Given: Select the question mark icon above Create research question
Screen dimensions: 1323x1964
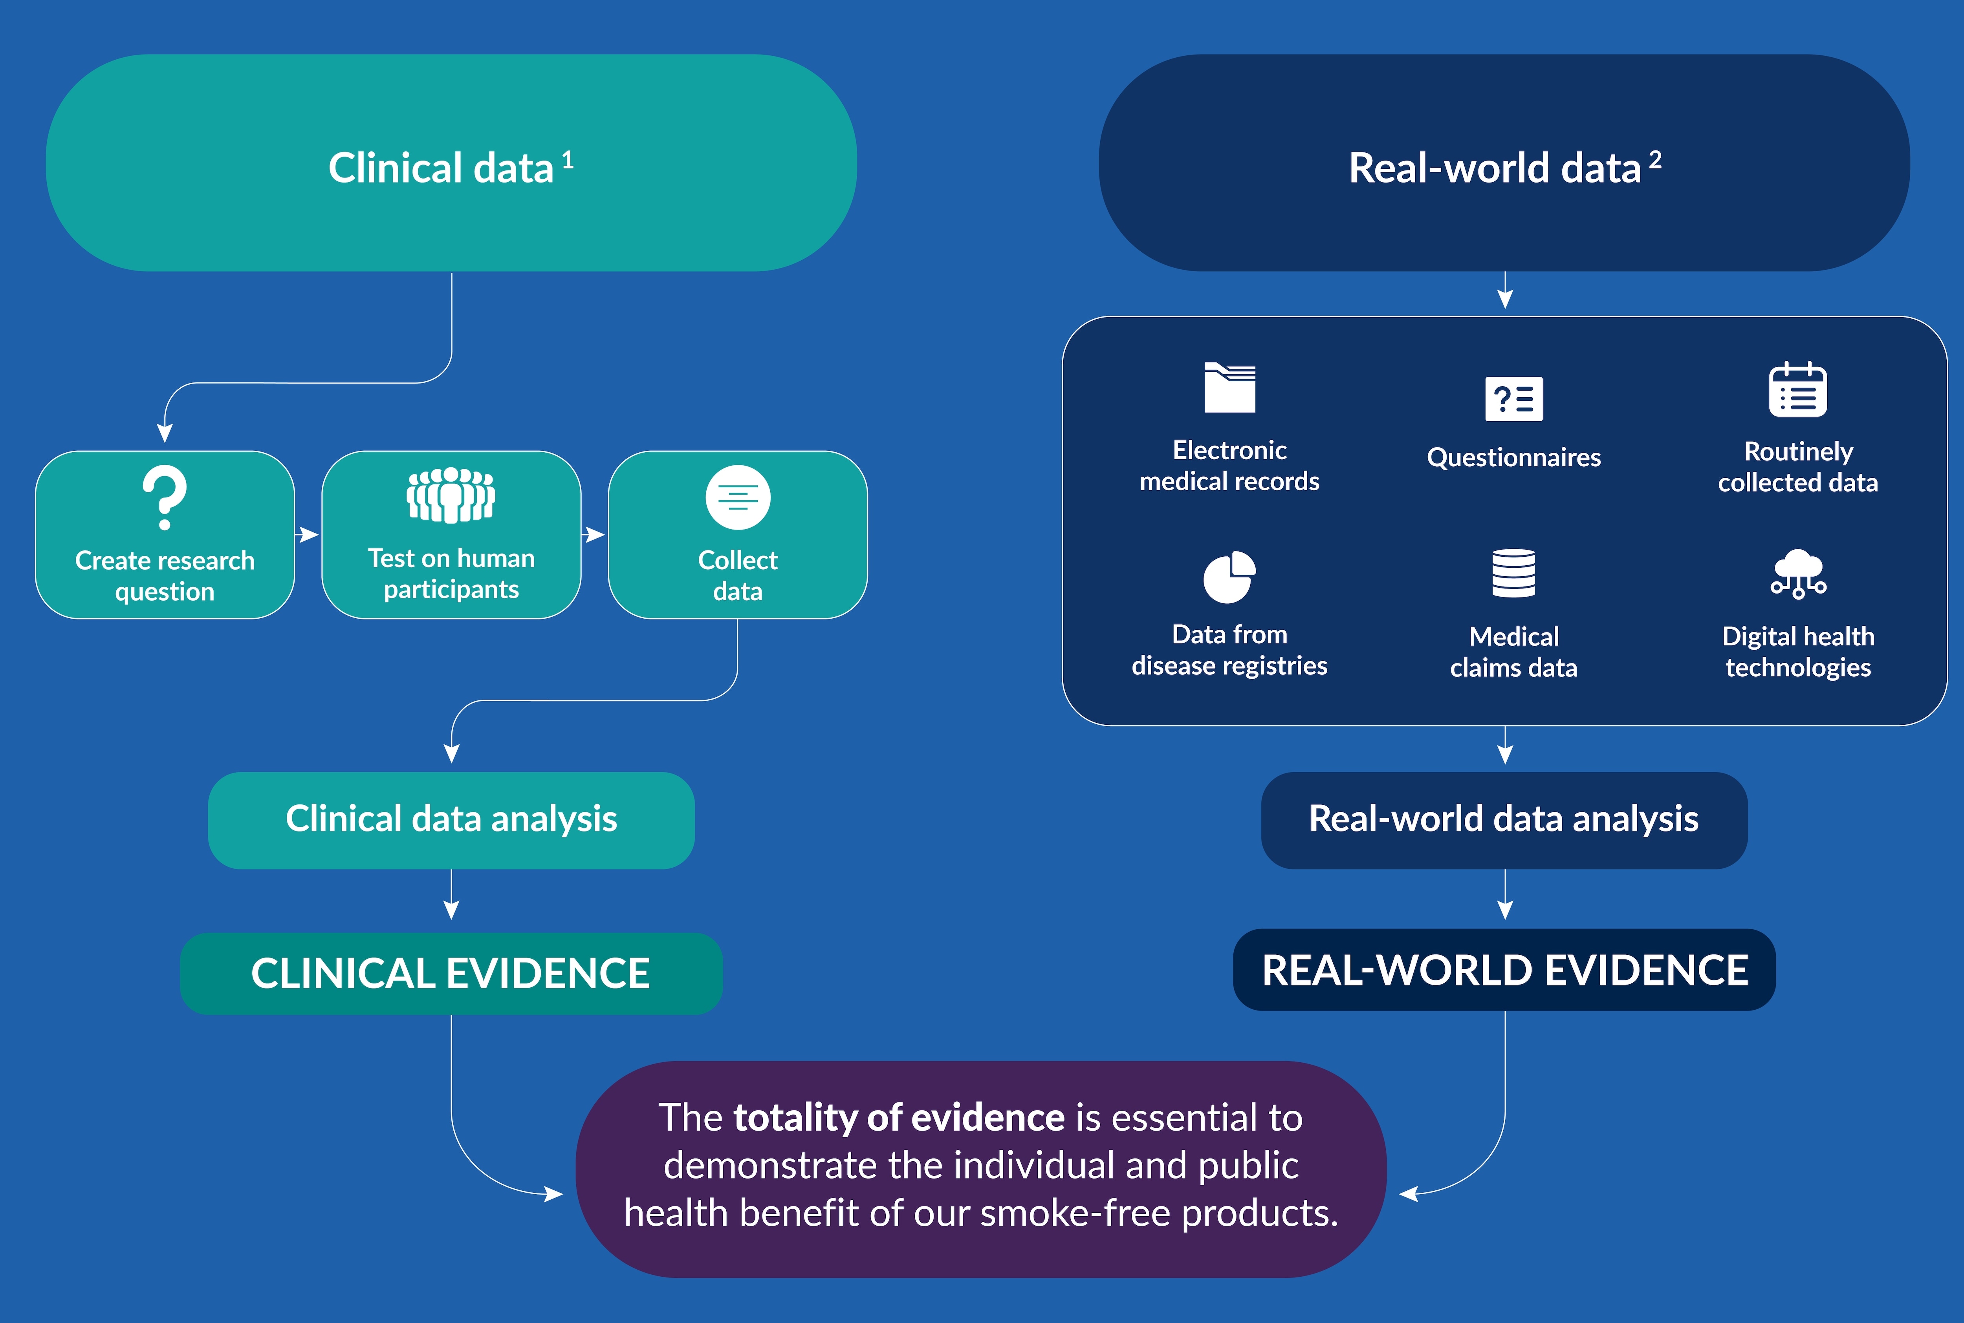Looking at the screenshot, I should [x=165, y=497].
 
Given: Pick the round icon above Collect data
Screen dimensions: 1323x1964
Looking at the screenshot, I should [x=738, y=497].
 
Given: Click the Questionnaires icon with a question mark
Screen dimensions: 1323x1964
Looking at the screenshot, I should [x=1513, y=398].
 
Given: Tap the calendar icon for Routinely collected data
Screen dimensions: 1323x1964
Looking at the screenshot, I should [x=1798, y=390].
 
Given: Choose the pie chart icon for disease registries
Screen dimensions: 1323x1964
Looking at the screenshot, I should [x=1229, y=577].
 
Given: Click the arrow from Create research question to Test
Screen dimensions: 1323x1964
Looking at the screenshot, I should [x=307, y=534].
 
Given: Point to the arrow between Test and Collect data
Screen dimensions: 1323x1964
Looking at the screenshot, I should [x=594, y=534].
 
